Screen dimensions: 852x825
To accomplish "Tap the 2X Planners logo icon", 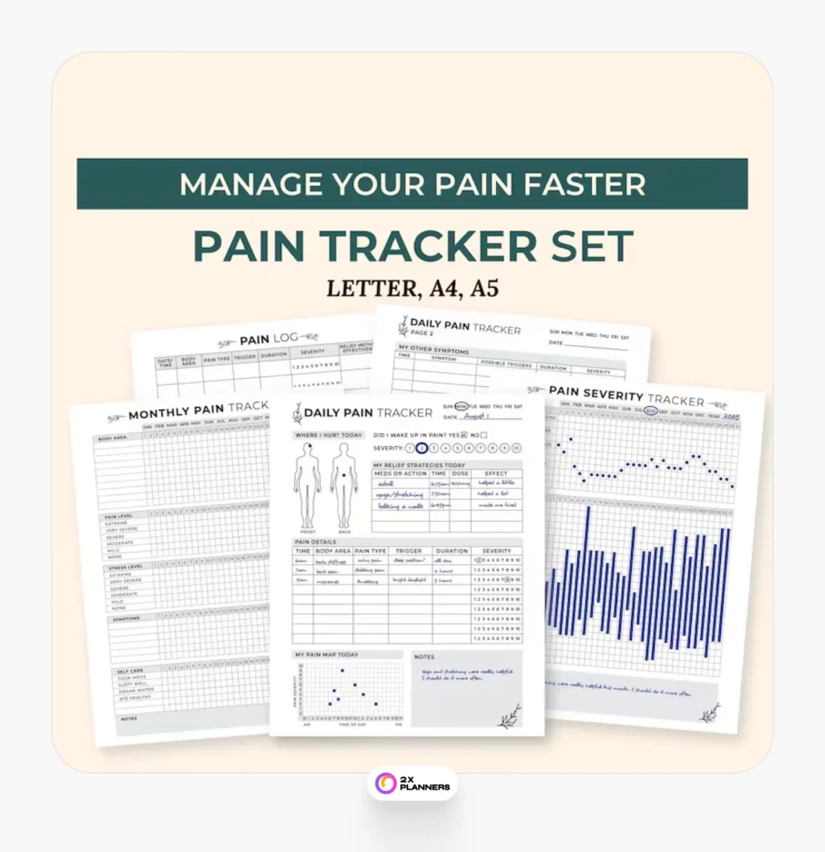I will pos(385,783).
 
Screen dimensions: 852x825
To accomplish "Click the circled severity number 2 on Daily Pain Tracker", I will pos(421,448).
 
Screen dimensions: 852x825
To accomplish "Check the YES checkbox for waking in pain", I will pos(463,434).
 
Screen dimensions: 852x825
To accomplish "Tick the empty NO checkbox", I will pos(484,434).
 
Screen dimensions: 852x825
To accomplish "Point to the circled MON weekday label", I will pos(460,406).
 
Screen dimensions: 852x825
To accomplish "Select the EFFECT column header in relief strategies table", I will pos(496,473).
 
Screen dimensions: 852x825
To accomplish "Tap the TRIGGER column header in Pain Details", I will pos(409,551).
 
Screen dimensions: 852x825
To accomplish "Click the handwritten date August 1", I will pos(475,416).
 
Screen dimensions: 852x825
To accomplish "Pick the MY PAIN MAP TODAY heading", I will pos(327,655).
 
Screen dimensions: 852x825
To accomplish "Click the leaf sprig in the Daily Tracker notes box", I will pos(509,716).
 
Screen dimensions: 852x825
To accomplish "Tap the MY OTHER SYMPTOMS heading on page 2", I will pos(433,351).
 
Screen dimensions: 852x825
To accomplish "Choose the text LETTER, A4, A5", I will pos(412,288).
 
